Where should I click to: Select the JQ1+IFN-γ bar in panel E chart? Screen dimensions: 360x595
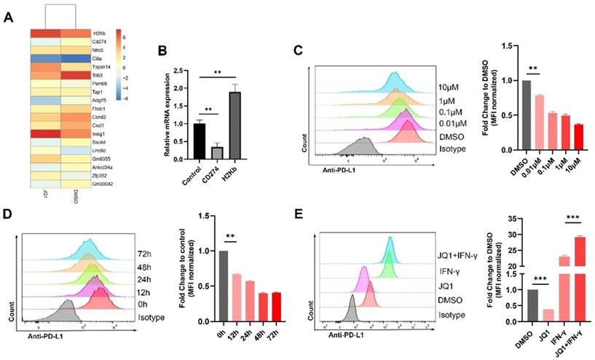580,277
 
